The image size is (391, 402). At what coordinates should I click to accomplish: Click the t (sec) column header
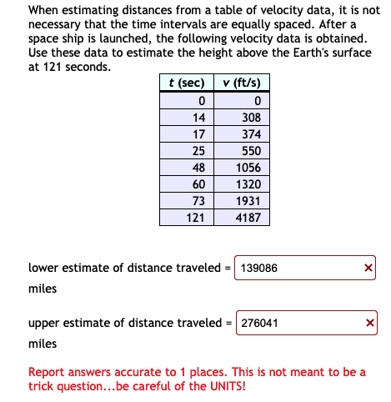tap(187, 83)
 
